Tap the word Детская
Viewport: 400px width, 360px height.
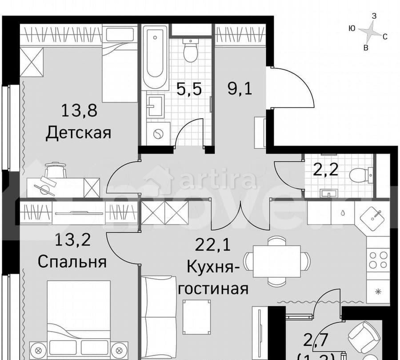[x=78, y=132]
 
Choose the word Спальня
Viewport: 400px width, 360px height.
[x=72, y=262]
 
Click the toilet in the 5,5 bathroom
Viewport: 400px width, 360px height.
[x=191, y=51]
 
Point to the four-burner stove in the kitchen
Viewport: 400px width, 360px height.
[x=378, y=260]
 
